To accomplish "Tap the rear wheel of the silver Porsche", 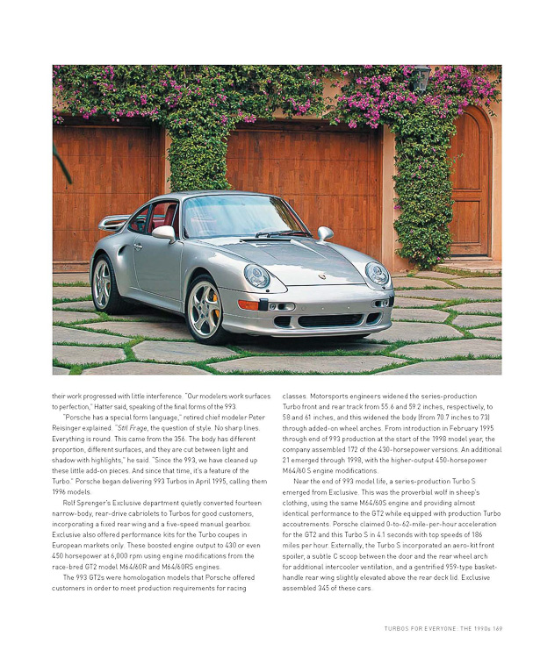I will [104, 284].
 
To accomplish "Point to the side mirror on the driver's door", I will [164, 232].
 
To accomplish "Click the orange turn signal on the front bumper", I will [248, 305].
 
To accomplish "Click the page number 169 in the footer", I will [496, 628].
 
